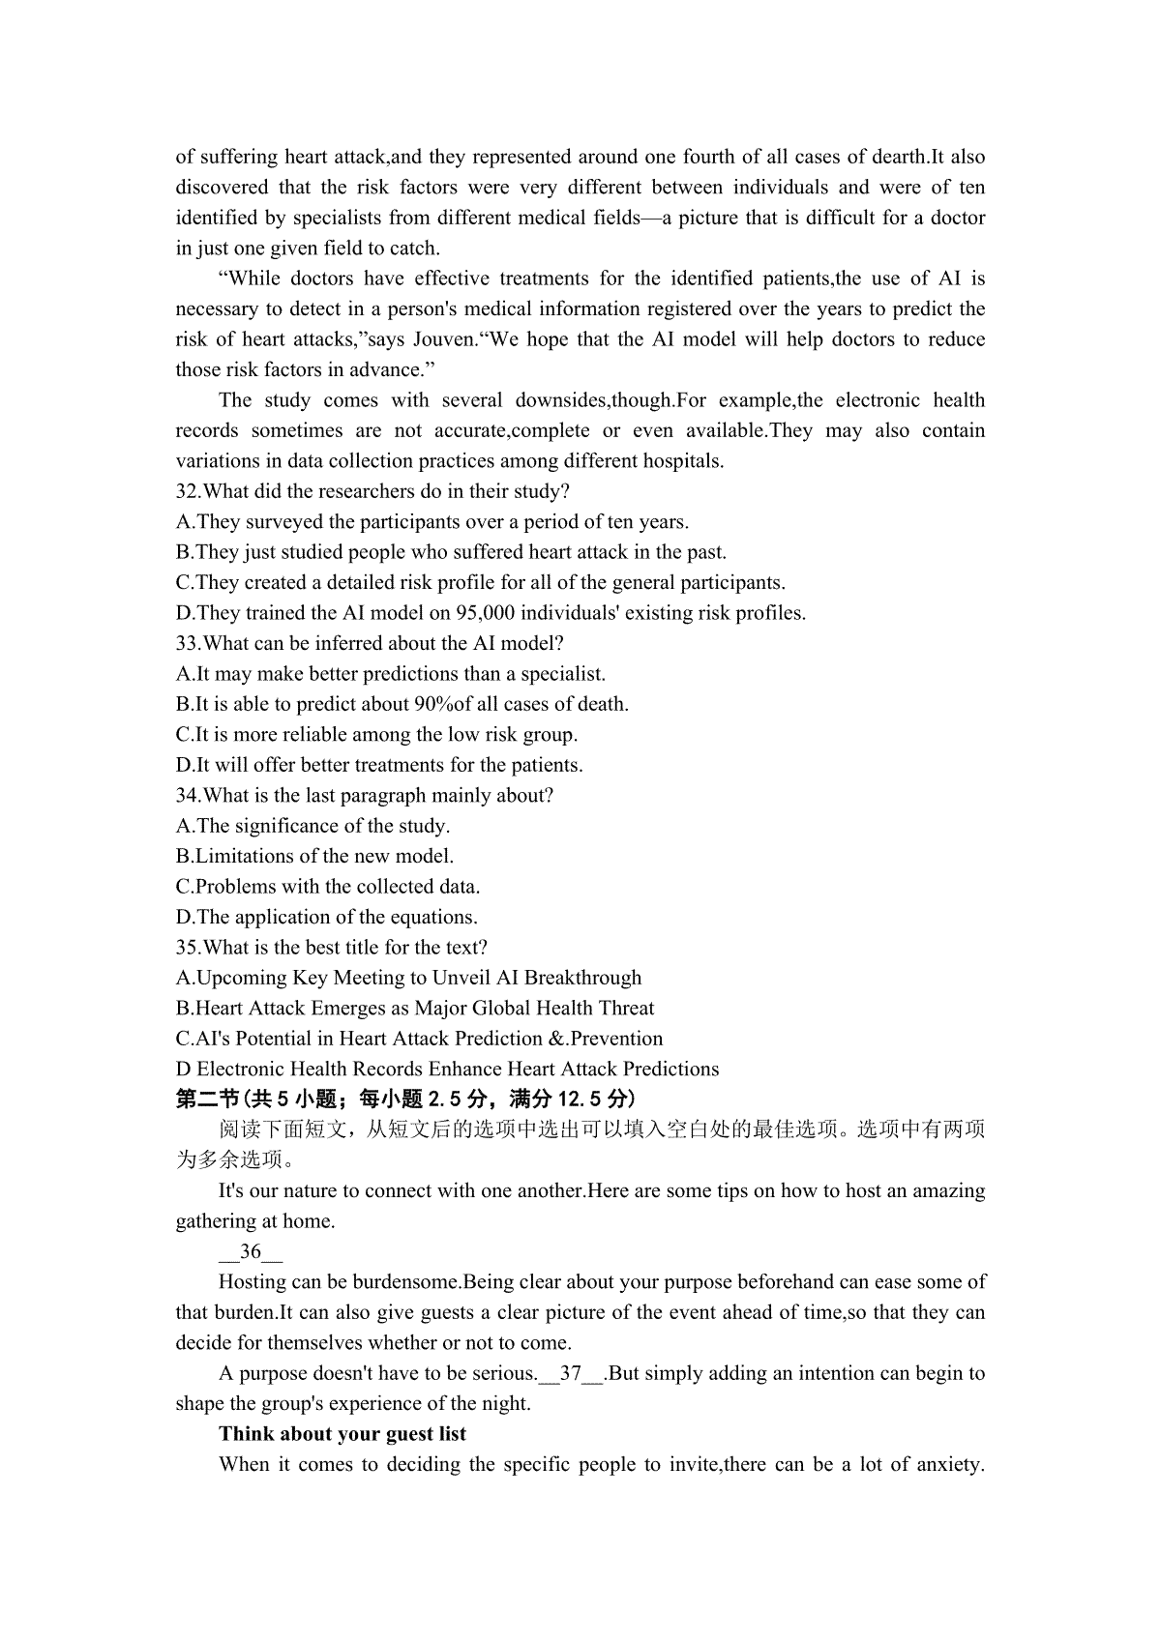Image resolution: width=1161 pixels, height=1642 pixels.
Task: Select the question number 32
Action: point(188,491)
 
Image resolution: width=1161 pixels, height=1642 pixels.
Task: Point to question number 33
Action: point(188,643)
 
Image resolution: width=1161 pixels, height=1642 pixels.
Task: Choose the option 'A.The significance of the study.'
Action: point(313,826)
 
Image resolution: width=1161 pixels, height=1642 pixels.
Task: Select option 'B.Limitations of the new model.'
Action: point(314,856)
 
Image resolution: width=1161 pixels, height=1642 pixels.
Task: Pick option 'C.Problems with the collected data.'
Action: point(328,887)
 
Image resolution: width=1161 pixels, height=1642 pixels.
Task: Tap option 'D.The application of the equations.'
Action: point(327,917)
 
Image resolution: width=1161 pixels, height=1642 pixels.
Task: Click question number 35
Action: point(188,948)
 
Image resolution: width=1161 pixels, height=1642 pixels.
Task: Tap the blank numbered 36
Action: point(251,1252)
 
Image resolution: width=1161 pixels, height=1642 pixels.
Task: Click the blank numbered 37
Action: point(571,1374)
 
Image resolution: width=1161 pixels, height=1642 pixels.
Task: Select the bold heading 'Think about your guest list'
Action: point(342,1434)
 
